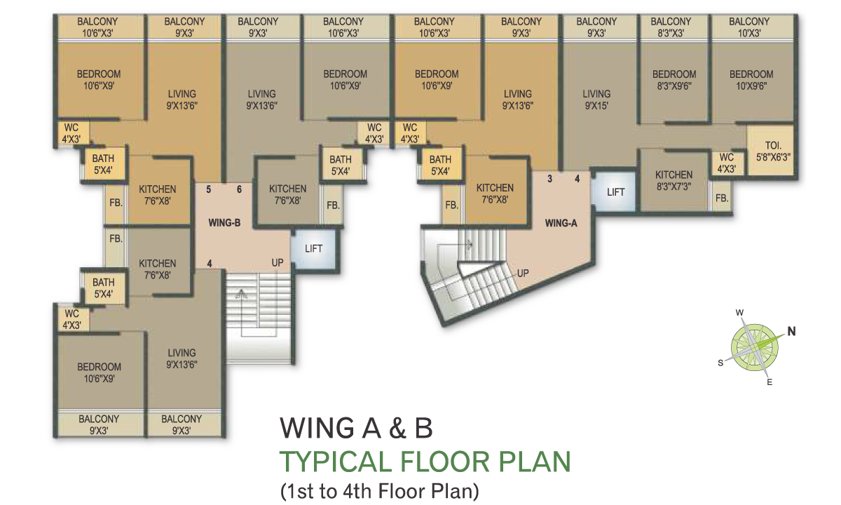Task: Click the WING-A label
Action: pos(561,223)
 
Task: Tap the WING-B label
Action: pos(224,223)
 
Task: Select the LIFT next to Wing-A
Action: pos(616,192)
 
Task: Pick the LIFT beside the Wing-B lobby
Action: pos(314,249)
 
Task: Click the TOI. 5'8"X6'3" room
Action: pos(772,151)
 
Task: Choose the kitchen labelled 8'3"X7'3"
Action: pos(674,181)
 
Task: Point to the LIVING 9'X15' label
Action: pos(596,100)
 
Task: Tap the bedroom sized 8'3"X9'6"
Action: pos(674,80)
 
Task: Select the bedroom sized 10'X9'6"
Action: pos(751,80)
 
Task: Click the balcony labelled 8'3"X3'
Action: pos(671,27)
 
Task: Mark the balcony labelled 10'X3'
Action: pos(749,27)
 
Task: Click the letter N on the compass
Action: pos(791,331)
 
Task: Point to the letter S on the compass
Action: pos(720,363)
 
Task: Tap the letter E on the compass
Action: pos(770,382)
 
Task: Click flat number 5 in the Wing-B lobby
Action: pos(209,189)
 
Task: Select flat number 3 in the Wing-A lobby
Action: pos(549,179)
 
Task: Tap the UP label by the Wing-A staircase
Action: pos(523,273)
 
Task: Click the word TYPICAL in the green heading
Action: pos(336,462)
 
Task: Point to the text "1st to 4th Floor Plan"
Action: pos(380,491)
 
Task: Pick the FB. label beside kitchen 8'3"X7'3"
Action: pos(722,198)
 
